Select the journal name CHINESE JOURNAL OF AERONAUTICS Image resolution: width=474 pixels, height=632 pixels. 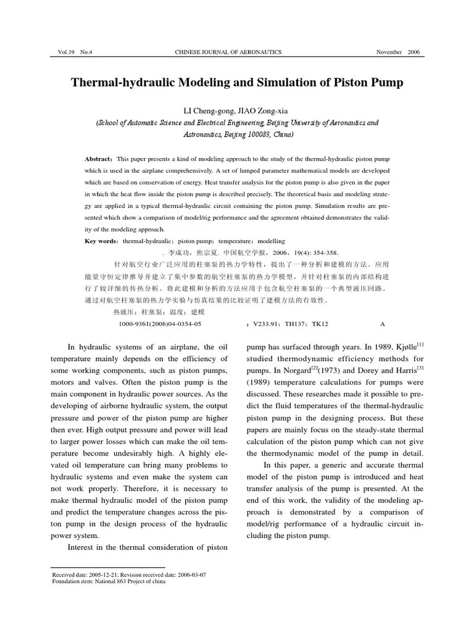[228, 52]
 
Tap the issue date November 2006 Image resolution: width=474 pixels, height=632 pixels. [397, 52]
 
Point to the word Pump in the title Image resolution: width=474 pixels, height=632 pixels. [385, 83]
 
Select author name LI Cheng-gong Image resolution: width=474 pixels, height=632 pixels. [204, 110]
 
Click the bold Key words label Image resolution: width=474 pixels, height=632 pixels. [102, 241]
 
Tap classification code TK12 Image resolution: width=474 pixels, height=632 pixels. [320, 323]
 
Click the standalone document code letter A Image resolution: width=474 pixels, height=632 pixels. [382, 323]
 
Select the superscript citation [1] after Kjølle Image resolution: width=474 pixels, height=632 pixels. [420, 344]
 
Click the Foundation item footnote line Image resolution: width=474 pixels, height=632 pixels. [109, 581]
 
